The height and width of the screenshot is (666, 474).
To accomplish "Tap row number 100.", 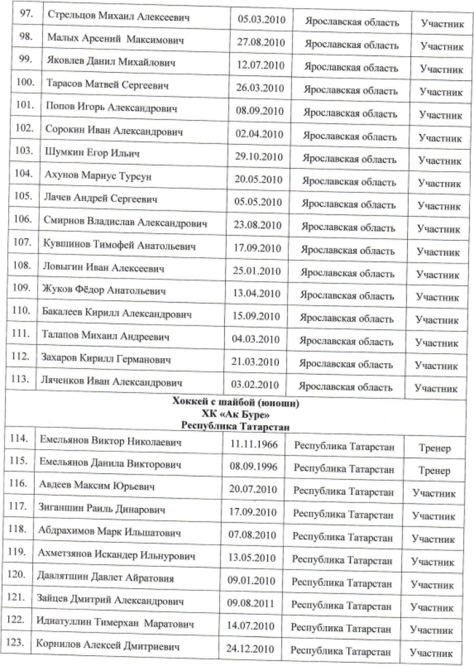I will click(23, 83).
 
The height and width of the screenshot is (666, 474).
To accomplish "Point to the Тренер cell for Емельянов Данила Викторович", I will click(434, 470).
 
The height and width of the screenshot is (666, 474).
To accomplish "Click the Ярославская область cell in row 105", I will click(349, 205).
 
